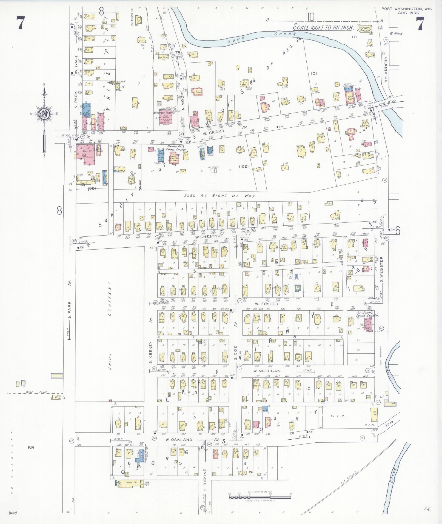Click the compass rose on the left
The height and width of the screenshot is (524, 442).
tap(43, 114)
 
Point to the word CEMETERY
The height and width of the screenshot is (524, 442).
tap(109, 298)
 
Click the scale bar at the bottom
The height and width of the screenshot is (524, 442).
tap(260, 496)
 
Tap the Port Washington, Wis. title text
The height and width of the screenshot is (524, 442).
tap(407, 9)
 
